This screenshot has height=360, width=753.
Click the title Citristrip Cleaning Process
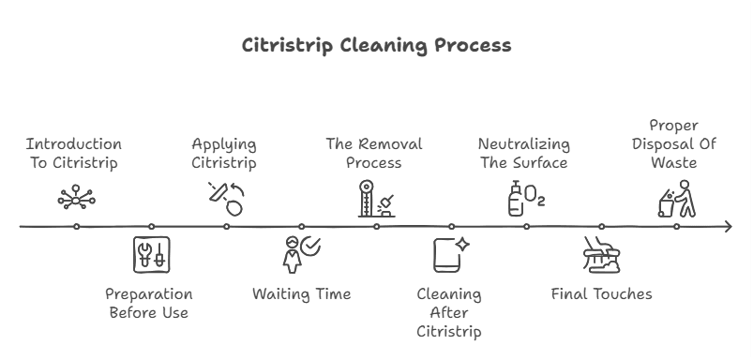click(x=376, y=45)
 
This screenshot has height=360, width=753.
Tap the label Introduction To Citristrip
click(x=74, y=153)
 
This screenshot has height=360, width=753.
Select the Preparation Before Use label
click(x=149, y=303)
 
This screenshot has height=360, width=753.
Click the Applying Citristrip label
click(x=224, y=153)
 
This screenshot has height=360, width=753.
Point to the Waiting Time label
click(x=301, y=294)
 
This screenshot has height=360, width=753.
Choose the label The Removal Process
click(x=374, y=153)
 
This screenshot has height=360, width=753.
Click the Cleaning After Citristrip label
click(x=449, y=312)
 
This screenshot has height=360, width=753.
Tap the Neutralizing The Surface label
click(x=523, y=153)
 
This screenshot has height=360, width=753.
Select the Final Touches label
click(x=601, y=294)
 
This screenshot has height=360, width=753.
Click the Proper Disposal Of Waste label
click(x=675, y=143)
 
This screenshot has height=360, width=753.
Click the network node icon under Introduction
click(x=75, y=198)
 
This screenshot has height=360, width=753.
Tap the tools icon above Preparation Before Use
click(x=151, y=255)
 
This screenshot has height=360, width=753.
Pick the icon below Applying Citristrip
click(x=225, y=198)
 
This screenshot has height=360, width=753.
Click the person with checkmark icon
click(x=301, y=254)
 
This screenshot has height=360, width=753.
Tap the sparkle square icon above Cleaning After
click(x=450, y=255)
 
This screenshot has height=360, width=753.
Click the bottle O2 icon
click(x=525, y=199)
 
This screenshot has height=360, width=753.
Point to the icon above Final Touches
click(x=600, y=255)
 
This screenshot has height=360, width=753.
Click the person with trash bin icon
click(x=676, y=199)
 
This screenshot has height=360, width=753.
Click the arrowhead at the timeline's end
click(x=727, y=226)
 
